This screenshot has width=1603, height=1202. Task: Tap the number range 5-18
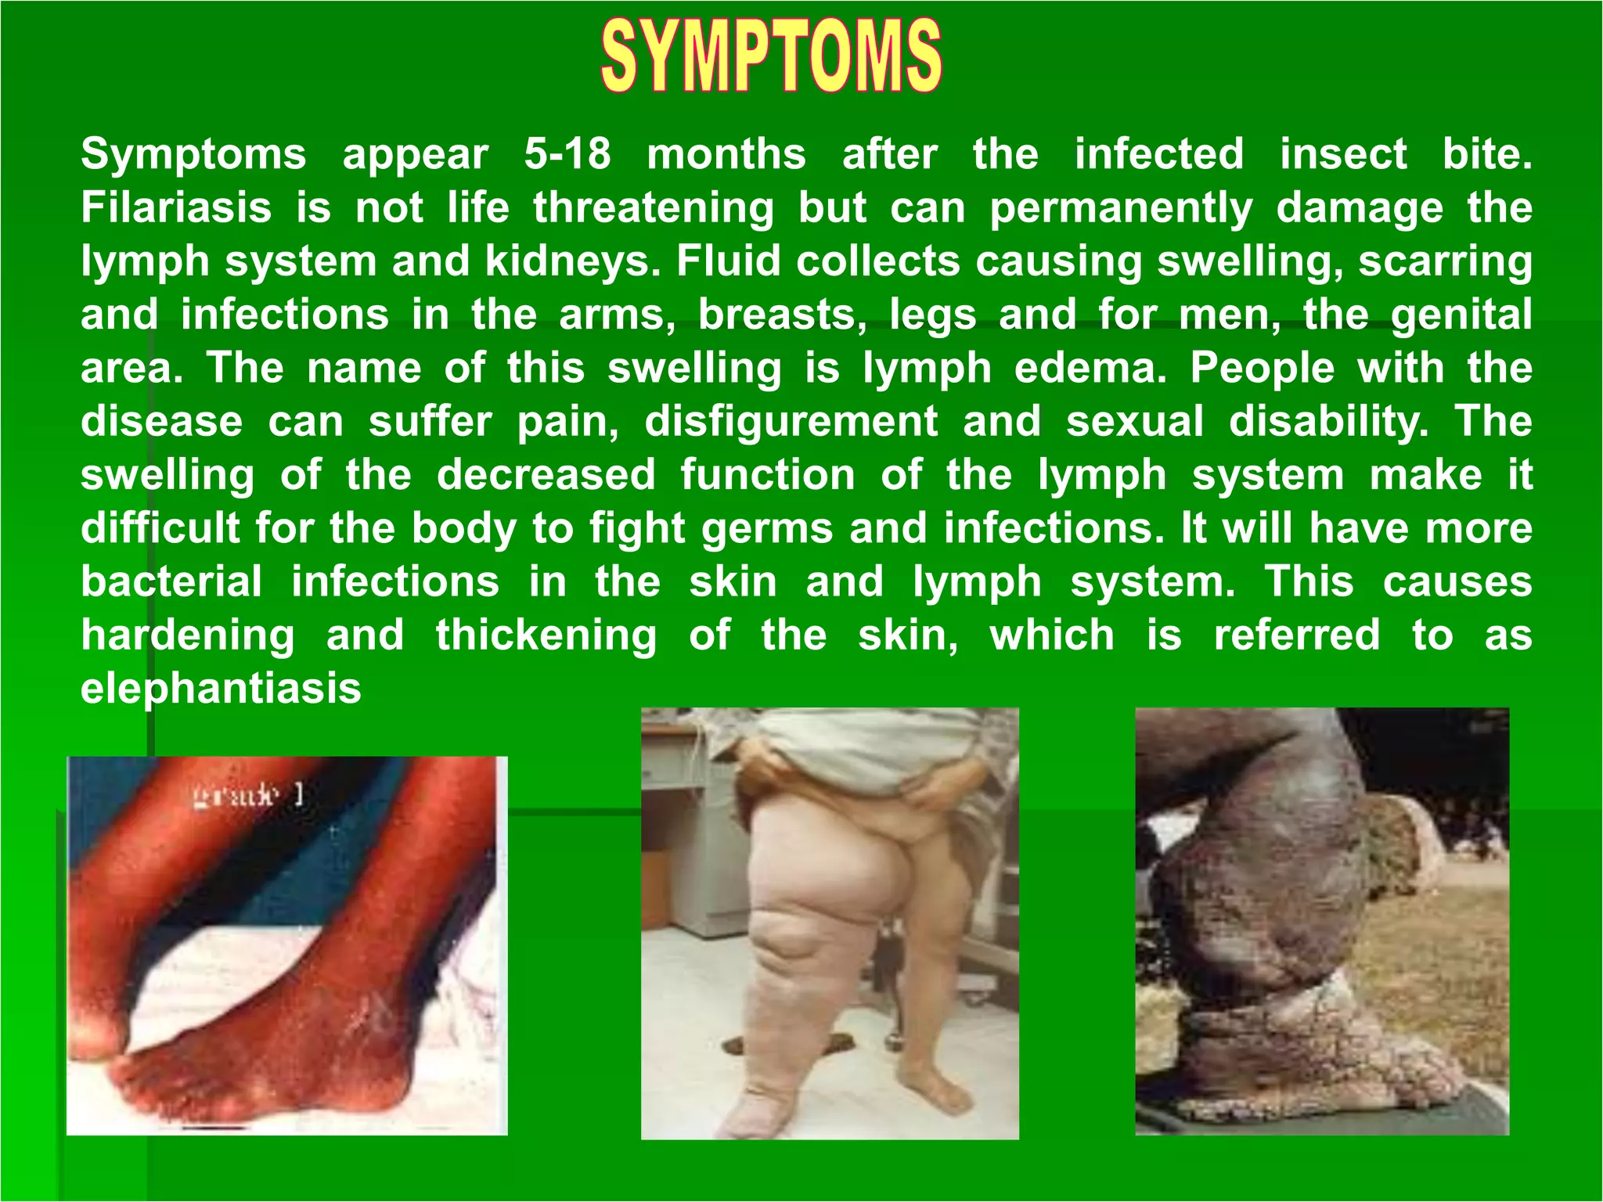(567, 153)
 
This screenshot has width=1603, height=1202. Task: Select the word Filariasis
(176, 207)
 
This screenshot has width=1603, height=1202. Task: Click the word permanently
(1121, 209)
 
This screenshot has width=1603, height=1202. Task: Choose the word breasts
(782, 315)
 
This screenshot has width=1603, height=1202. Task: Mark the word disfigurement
(791, 422)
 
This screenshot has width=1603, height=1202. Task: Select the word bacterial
(171, 581)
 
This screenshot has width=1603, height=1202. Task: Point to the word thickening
(546, 635)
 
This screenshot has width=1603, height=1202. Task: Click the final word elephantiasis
(221, 689)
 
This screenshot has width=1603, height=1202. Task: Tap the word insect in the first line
(1343, 153)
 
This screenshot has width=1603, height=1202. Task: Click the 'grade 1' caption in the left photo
(247, 797)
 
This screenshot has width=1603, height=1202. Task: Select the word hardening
(188, 635)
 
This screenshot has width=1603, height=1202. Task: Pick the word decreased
(546, 475)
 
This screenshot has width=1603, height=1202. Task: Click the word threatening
(654, 209)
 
